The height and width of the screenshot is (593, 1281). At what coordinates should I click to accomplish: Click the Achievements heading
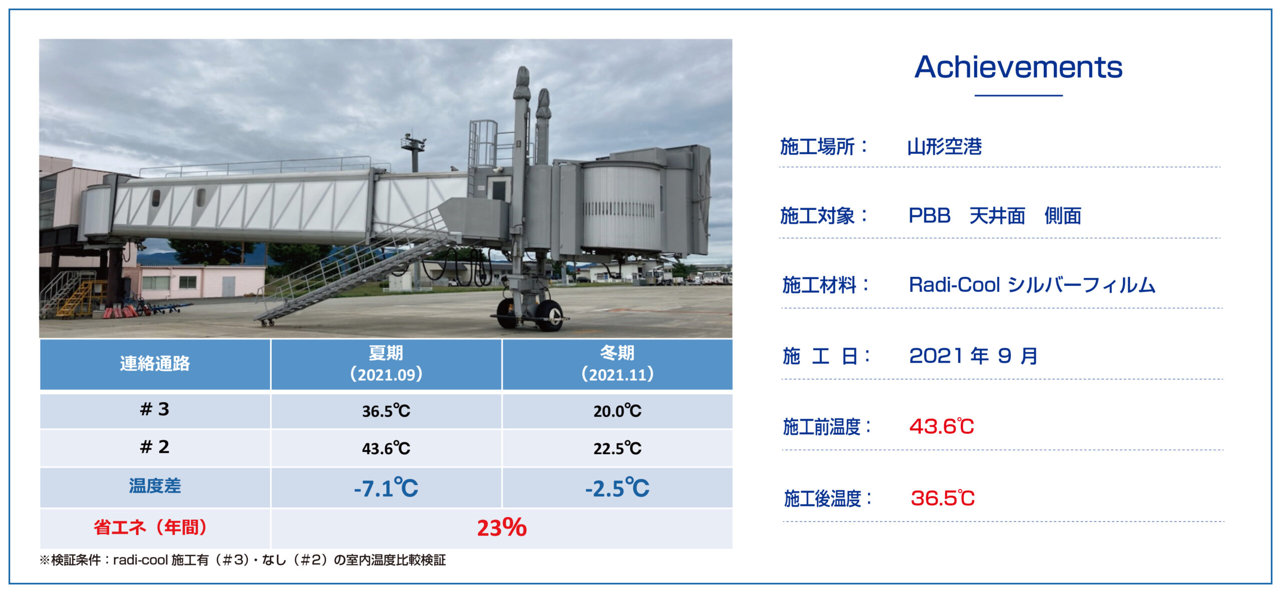(1018, 67)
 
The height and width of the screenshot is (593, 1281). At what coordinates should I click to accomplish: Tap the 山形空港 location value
(944, 147)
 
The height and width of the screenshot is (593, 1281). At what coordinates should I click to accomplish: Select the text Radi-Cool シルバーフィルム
(1032, 285)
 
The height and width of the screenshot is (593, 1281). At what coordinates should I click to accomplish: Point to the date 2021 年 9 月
(973, 356)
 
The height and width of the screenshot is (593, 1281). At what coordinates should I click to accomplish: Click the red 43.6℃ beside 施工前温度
(942, 427)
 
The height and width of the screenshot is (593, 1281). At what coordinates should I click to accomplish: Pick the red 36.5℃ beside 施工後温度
(943, 498)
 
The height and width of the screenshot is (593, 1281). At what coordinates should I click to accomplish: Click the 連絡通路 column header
(155, 364)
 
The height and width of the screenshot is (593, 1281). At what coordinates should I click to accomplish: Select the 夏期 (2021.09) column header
(386, 364)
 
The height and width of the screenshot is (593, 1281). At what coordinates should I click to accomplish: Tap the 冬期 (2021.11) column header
(617, 364)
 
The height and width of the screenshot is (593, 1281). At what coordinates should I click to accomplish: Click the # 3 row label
(155, 410)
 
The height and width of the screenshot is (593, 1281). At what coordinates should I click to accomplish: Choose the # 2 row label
(155, 447)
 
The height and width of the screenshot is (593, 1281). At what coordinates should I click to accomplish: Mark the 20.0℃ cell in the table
(617, 411)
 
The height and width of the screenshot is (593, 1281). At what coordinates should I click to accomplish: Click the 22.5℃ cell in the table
(617, 448)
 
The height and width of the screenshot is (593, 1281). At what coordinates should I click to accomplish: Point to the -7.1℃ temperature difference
(386, 488)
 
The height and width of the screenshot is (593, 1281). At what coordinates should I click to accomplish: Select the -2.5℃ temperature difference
(617, 488)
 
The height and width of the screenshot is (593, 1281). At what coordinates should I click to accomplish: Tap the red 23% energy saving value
(501, 528)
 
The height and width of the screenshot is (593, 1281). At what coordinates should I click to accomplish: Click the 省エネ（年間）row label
(151, 527)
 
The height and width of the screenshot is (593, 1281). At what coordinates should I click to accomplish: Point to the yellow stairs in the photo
(75, 298)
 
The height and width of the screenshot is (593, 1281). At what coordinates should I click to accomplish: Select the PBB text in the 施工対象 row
(929, 216)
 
